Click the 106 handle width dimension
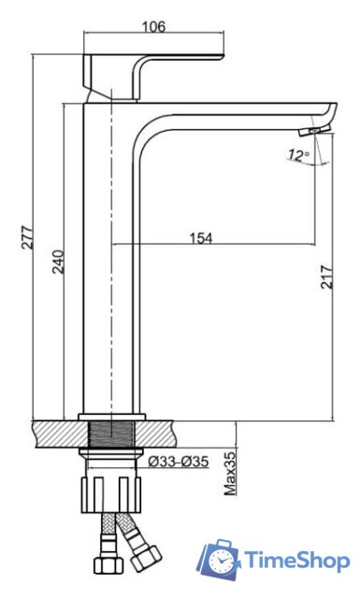(x=154, y=27)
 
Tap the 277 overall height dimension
(x=27, y=237)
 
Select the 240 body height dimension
(x=58, y=262)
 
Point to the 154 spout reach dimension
(x=201, y=238)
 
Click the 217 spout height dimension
(x=326, y=278)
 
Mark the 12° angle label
(x=299, y=155)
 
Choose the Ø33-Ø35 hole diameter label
(x=179, y=462)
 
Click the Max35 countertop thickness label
(x=230, y=474)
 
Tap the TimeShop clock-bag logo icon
(x=219, y=560)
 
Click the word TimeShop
(x=297, y=561)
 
